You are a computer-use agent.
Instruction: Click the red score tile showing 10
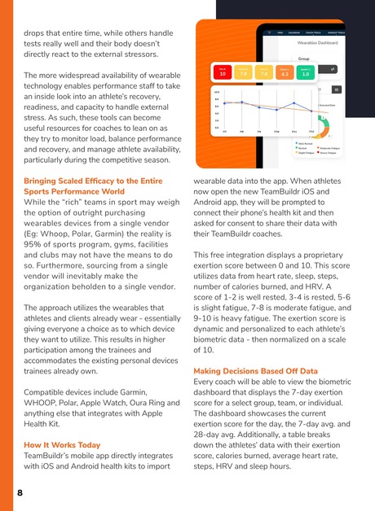(223, 72)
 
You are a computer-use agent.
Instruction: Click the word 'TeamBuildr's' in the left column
(53, 458)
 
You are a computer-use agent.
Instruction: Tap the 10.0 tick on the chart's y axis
(216, 93)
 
